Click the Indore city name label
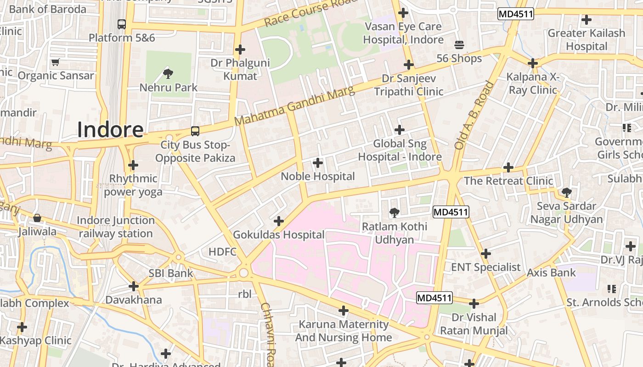[110, 129]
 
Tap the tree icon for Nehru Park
[168, 72]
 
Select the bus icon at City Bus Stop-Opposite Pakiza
[195, 131]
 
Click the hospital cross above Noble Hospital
[317, 162]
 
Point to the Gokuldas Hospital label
[279, 235]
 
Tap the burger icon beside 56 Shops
[459, 45]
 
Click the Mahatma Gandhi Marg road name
[294, 106]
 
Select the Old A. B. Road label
[474, 116]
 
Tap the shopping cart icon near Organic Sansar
[56, 62]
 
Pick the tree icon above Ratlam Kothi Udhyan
[394, 212]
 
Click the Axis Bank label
[551, 272]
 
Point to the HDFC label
[222, 251]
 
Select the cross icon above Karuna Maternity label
[343, 311]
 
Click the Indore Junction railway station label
[115, 227]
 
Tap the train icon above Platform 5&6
[122, 24]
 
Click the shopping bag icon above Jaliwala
[37, 217]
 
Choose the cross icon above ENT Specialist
[485, 253]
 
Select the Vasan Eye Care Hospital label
[403, 33]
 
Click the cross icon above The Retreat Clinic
[508, 167]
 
